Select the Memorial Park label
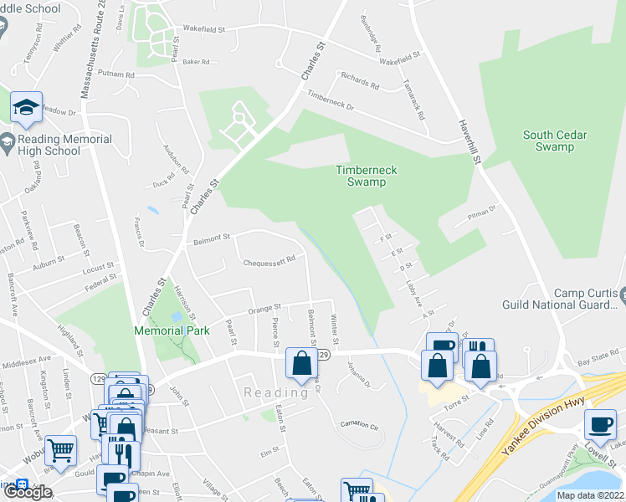click(x=172, y=330)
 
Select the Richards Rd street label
click(x=359, y=82)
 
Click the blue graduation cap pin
click(x=26, y=108)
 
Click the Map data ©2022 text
click(x=590, y=495)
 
